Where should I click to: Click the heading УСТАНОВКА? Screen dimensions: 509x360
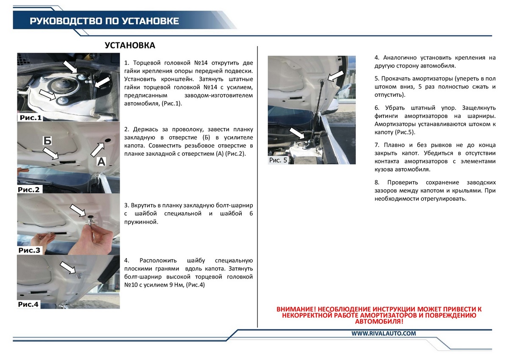pos(130,45)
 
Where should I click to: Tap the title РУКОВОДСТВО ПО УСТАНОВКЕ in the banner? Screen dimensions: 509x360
pos(104,21)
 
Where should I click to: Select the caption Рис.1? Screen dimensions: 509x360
pos(31,118)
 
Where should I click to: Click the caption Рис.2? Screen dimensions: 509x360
pos(29,190)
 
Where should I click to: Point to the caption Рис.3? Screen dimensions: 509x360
pos(29,250)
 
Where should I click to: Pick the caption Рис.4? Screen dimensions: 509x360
pos(28,304)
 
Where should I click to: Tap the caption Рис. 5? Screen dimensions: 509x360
pos(278,160)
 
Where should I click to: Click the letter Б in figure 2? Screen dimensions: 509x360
pos(47,141)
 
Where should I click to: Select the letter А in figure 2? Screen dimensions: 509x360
pos(101,162)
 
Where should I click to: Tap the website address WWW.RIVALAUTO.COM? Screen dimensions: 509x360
pos(383,333)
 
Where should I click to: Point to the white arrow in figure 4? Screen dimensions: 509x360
pos(68,267)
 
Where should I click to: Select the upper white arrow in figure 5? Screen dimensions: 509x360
pos(336,76)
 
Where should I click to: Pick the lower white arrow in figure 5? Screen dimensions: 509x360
pos(297,133)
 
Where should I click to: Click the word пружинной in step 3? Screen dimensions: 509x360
pos(141,222)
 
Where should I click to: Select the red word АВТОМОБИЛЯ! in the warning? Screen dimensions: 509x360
pos(379,321)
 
